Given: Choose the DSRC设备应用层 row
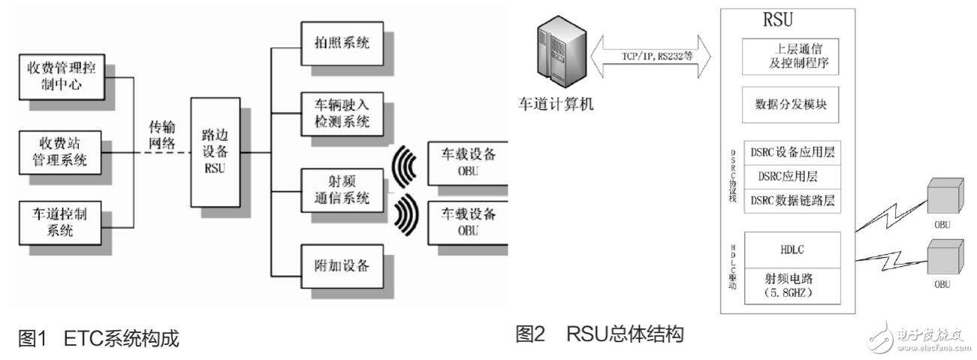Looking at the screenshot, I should point(790,152).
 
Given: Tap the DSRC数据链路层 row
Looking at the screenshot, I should point(790,201).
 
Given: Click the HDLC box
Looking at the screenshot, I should point(790,246).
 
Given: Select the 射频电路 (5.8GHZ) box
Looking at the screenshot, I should point(790,281).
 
